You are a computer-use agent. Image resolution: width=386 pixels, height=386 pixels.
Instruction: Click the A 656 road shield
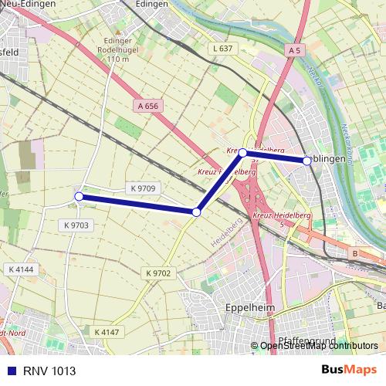click(x=149, y=106)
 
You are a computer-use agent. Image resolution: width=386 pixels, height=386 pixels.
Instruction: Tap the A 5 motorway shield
click(x=293, y=50)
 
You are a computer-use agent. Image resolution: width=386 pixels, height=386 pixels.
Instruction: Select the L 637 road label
click(x=222, y=49)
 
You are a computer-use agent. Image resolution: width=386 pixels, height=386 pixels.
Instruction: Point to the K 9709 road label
click(x=143, y=188)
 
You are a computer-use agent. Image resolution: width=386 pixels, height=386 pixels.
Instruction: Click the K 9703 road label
click(x=74, y=225)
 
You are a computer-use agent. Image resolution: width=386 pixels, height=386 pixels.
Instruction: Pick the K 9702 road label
click(x=157, y=273)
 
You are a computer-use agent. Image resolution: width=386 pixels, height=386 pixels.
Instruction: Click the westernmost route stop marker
click(x=79, y=197)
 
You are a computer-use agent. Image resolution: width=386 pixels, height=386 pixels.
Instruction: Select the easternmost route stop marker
click(x=307, y=161)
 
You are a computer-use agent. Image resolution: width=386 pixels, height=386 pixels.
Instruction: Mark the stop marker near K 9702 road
click(x=197, y=212)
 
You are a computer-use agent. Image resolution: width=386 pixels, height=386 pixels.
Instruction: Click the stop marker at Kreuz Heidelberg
click(x=242, y=153)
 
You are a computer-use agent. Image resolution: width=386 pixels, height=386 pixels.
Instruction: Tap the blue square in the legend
click(x=11, y=370)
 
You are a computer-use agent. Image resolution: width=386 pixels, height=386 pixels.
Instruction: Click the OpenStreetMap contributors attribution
click(x=319, y=346)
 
